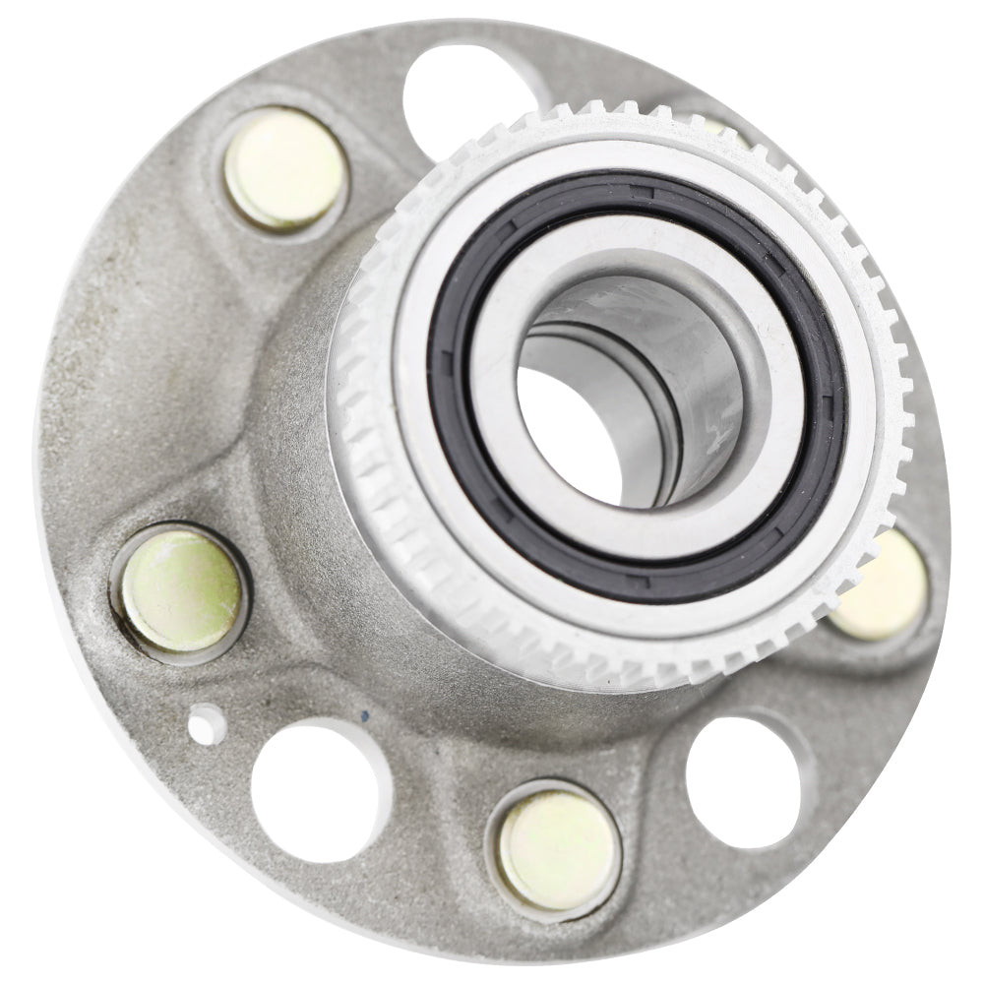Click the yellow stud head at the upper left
tap(284, 169)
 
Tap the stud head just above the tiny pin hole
tap(179, 590)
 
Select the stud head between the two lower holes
tap(558, 848)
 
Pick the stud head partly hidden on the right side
tap(886, 585)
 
